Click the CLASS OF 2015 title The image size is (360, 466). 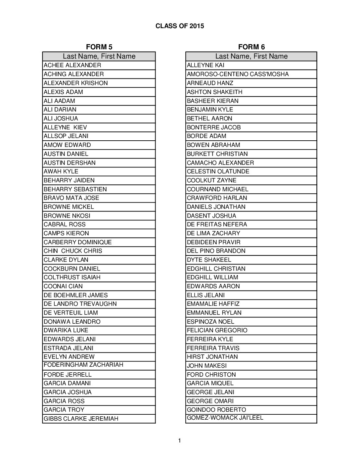pos(180,26)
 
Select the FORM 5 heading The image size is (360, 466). pos(99,47)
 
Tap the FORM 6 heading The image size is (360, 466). pos(251,47)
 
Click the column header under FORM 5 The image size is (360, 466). pos(99,56)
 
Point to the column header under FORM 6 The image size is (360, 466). pos(251,56)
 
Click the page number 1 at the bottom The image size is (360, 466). pos(179,441)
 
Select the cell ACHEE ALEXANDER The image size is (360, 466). pos(72,65)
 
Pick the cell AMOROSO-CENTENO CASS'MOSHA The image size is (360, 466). pos(238,74)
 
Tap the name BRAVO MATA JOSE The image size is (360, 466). pos(71,198)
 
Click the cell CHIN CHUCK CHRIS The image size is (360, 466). pos(73,251)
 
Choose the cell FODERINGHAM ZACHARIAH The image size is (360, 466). pos(83,365)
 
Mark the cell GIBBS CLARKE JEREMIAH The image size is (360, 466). pos(81,419)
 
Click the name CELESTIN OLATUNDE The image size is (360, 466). pos(218,171)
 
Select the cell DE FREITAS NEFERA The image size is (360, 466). pos(217,224)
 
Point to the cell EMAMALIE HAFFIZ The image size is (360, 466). pos(213,304)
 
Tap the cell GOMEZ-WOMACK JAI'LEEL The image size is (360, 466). pos(225,418)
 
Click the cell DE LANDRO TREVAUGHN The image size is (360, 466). pos(80,304)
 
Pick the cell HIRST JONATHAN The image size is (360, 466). pos(212,357)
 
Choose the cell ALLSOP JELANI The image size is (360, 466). pos(66,136)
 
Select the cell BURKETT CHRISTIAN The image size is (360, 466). pos(217,154)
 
